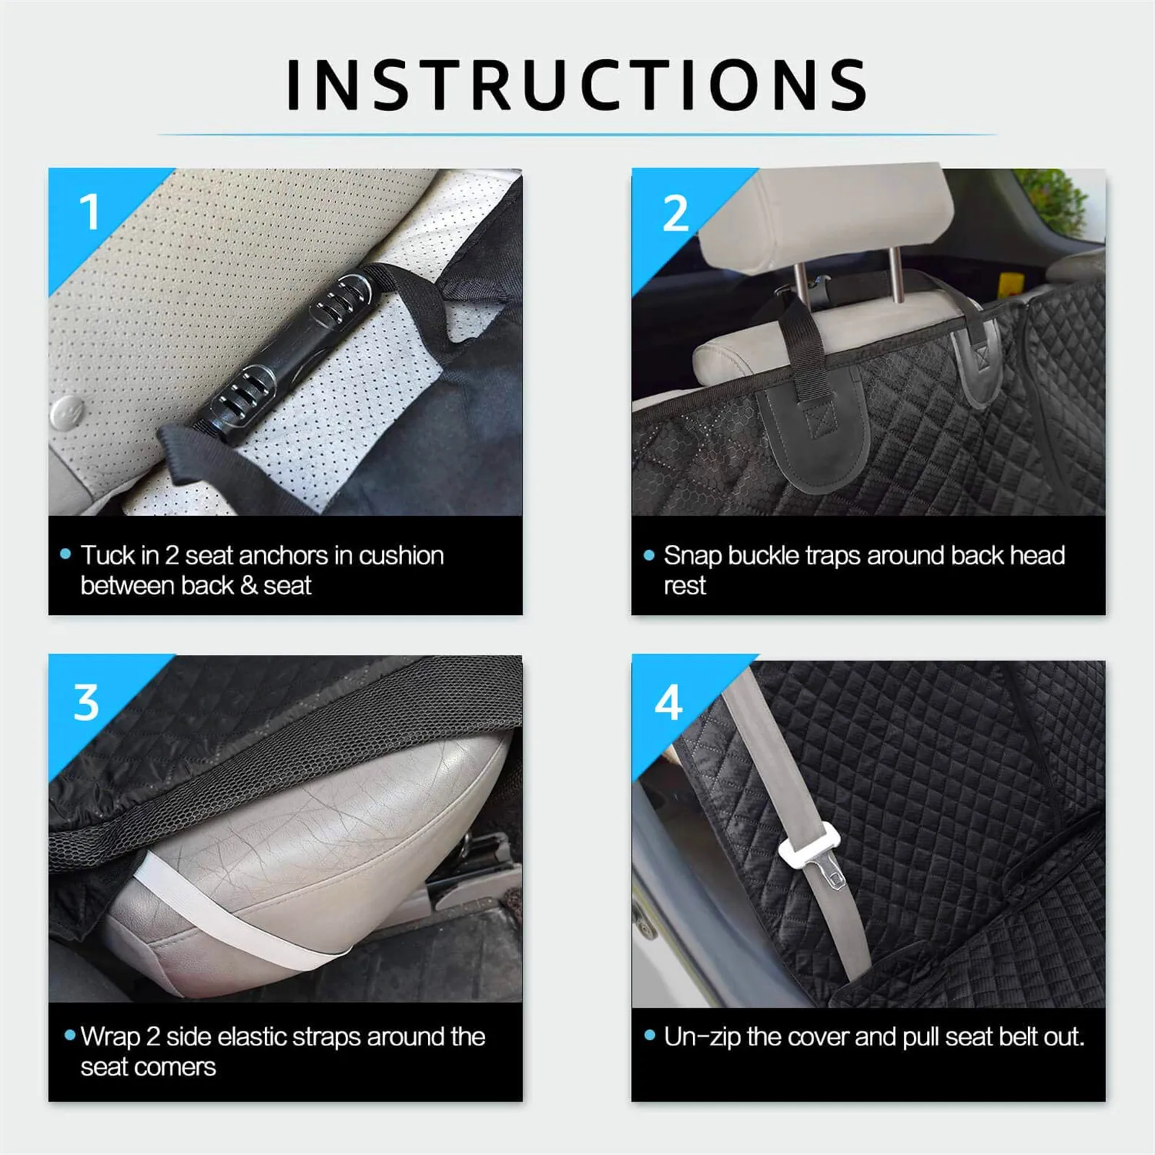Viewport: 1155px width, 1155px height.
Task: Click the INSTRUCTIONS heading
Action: (577, 85)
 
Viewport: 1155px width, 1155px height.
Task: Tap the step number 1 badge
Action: (90, 212)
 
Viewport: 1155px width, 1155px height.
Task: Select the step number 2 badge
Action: (676, 214)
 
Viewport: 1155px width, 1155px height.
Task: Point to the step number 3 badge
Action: (87, 703)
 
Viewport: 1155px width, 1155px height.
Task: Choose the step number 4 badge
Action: (669, 703)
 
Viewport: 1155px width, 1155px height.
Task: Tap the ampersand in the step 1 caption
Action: (249, 585)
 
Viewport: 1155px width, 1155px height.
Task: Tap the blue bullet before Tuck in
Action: (66, 554)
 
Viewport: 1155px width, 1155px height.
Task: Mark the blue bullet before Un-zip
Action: (649, 1036)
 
